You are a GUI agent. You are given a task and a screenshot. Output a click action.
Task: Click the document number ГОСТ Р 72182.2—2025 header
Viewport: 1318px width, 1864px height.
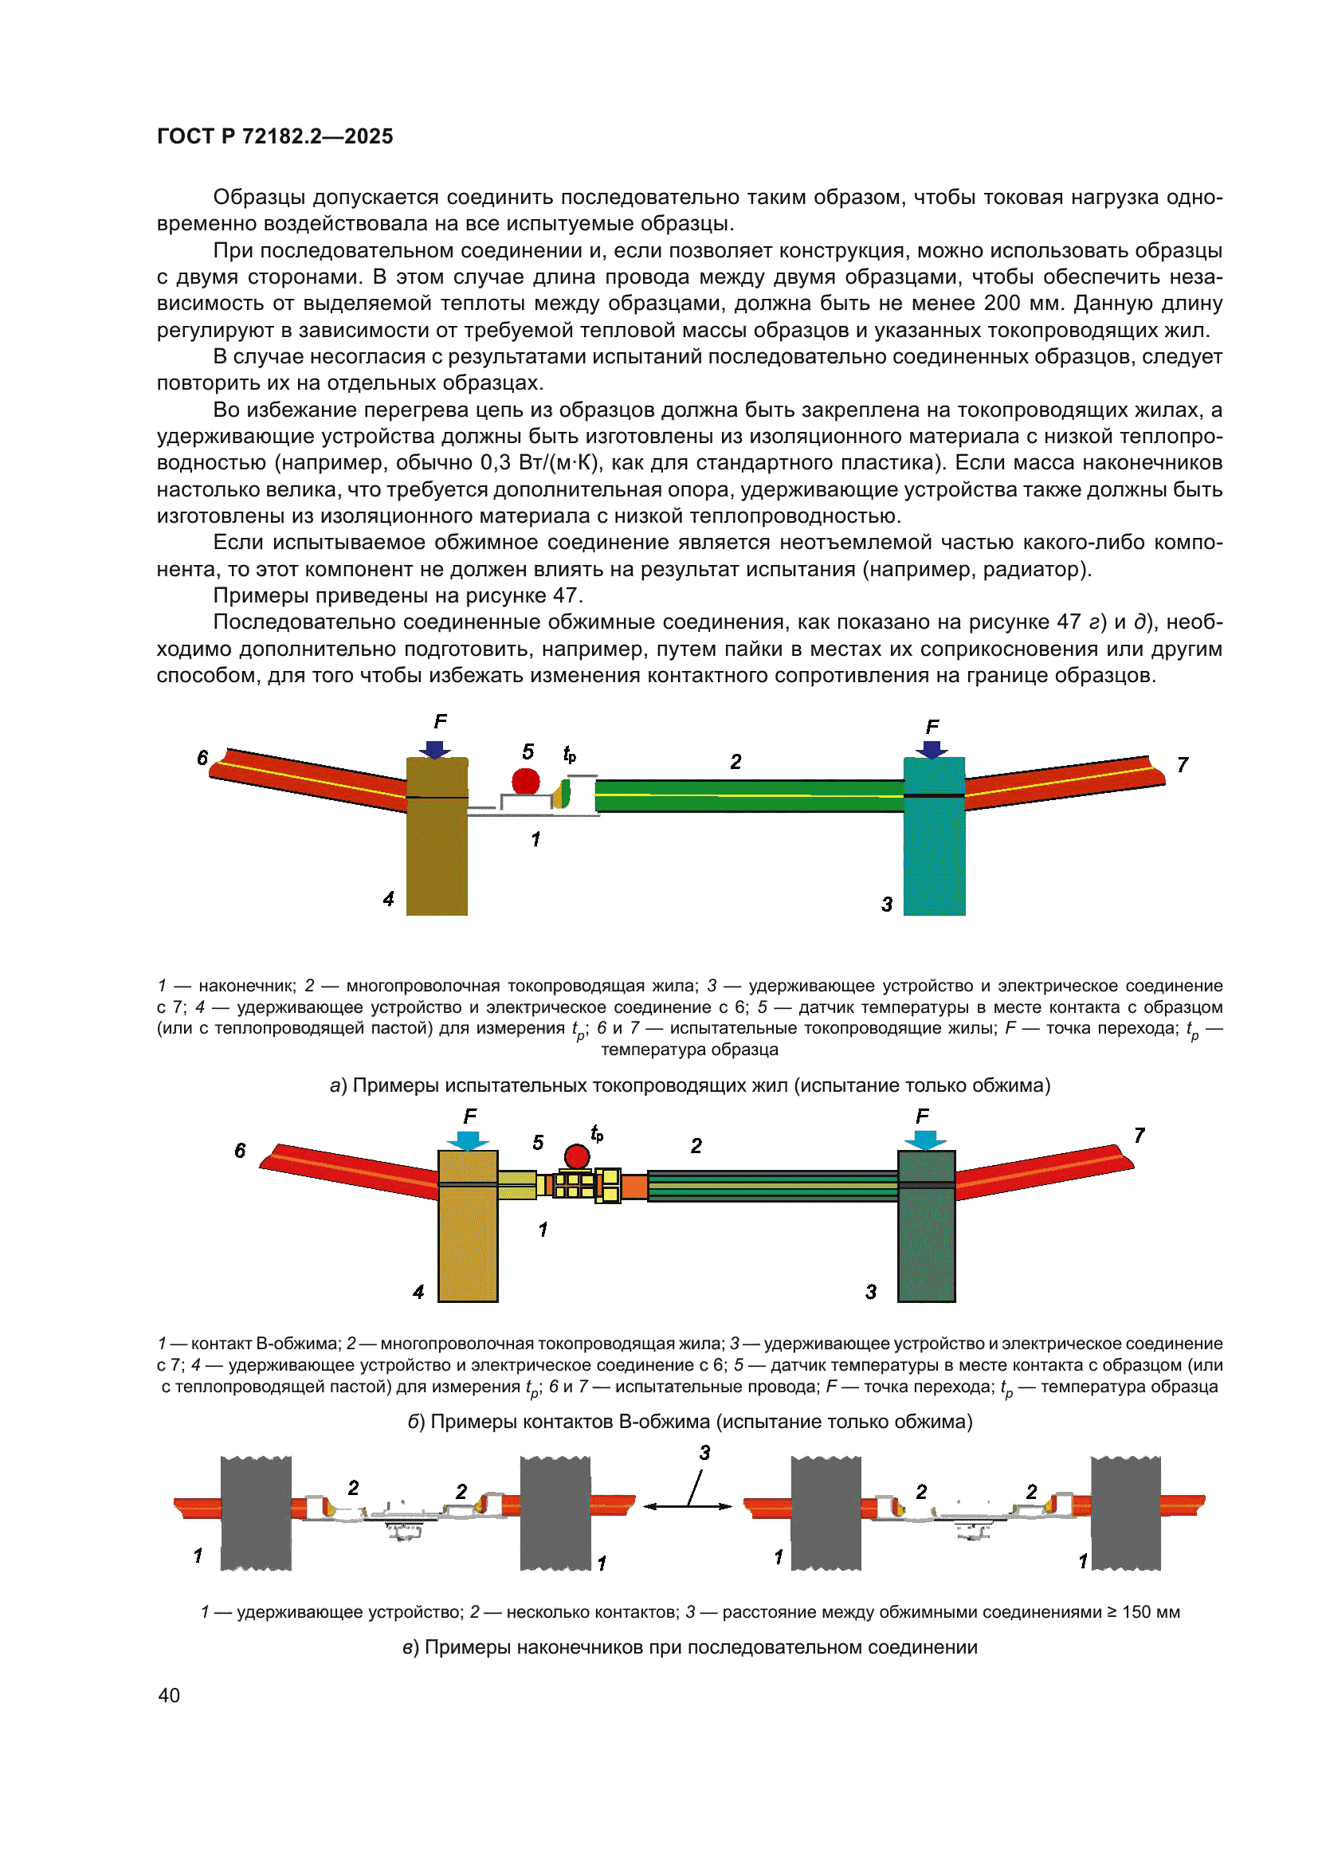point(274,136)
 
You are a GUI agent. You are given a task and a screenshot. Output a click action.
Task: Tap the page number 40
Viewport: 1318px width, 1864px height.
point(169,1695)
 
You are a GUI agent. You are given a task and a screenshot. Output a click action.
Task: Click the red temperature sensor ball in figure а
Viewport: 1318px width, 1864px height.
point(525,781)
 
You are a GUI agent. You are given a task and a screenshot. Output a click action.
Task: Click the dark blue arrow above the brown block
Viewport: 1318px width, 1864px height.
point(436,749)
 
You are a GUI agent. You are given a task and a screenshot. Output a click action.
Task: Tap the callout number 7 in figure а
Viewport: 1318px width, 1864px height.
point(1183,765)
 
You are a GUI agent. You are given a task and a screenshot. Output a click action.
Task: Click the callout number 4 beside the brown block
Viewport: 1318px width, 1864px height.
point(389,899)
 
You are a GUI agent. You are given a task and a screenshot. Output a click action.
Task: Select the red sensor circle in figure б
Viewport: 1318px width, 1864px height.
point(577,1156)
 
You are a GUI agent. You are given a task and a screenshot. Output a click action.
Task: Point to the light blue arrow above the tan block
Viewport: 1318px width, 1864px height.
point(468,1140)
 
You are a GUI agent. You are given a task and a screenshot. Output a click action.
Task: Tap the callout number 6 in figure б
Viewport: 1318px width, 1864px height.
point(240,1151)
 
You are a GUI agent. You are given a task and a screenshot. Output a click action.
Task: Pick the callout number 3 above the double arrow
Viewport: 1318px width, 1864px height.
point(704,1453)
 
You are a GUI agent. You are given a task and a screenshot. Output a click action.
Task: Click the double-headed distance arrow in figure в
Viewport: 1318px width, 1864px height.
point(688,1506)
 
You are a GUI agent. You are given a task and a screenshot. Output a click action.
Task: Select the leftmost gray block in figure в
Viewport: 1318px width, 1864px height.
point(256,1513)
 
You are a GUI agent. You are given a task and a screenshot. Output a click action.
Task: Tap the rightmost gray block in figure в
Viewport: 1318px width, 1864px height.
point(1126,1513)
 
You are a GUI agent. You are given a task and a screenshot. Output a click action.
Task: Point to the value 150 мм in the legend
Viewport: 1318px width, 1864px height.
point(1150,1612)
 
